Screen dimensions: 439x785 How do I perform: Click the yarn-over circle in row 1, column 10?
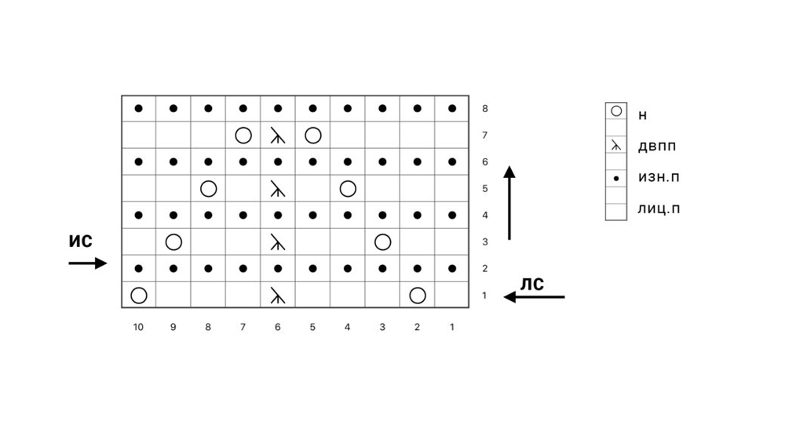coord(139,296)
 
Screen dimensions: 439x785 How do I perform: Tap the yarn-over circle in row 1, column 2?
coord(418,296)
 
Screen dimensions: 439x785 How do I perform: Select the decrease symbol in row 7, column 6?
coord(278,136)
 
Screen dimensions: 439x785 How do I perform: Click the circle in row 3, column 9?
coord(173,242)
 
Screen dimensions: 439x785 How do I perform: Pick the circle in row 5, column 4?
coord(348,189)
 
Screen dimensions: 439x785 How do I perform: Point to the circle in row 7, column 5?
coord(312,136)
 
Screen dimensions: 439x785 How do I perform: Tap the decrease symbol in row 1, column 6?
coord(278,296)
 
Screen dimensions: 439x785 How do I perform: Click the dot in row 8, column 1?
coord(452,109)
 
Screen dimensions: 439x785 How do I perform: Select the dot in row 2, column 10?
coord(139,269)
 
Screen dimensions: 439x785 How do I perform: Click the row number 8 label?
coord(485,109)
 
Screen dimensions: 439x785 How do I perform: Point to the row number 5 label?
coord(485,189)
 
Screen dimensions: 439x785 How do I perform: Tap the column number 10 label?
coord(139,327)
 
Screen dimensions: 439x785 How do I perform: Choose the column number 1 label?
coord(452,327)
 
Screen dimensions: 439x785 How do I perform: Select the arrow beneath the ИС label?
coord(87,263)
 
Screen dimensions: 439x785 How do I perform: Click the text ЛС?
coord(532,284)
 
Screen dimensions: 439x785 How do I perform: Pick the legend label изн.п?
coord(659,178)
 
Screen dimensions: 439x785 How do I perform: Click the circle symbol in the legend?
coord(616,111)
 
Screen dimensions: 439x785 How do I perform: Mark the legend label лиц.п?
coord(658,210)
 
